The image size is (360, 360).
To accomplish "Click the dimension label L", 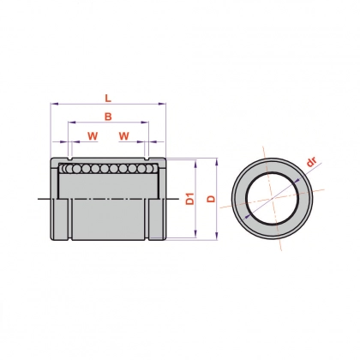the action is click(x=107, y=99).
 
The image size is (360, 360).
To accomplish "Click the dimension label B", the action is click(x=108, y=117).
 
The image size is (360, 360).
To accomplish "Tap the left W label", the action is click(x=93, y=136).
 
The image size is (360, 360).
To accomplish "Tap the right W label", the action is click(x=124, y=136).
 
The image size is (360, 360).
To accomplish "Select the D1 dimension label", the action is click(x=190, y=199).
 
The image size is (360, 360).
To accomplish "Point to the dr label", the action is click(x=311, y=162).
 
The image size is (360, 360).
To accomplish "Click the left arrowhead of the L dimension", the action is click(x=54, y=104).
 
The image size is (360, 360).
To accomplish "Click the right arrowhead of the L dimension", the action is click(x=162, y=104).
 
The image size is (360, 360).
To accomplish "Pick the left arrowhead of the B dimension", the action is click(x=72, y=123).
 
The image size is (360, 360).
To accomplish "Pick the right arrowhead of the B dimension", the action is click(x=145, y=123).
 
